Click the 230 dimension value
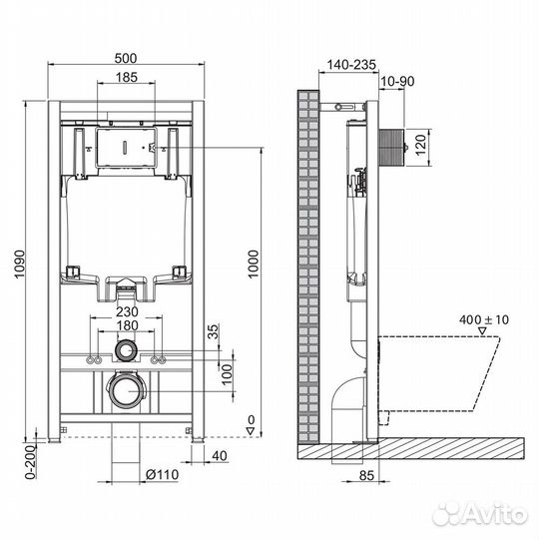coord(125,311)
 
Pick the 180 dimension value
coord(125,325)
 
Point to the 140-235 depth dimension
coord(349,64)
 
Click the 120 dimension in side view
coord(421,145)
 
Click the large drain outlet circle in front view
coord(125,390)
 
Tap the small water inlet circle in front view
coord(125,351)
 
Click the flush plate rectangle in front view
coord(125,149)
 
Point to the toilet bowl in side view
coord(449,374)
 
